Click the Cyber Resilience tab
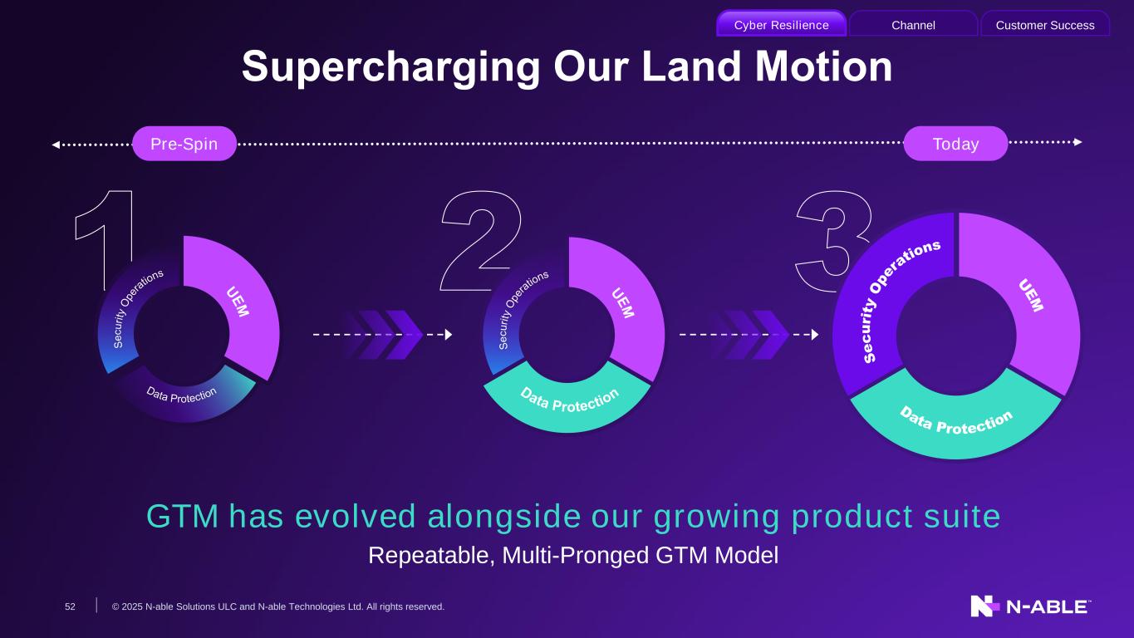pyautogui.click(x=781, y=24)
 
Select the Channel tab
pyautogui.click(x=913, y=24)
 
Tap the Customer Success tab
pyautogui.click(x=1045, y=24)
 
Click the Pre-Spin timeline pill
pyautogui.click(x=184, y=144)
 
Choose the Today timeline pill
pyautogui.click(x=955, y=144)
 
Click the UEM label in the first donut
pyautogui.click(x=238, y=302)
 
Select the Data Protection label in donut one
pyautogui.click(x=181, y=395)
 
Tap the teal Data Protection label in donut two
pyautogui.click(x=570, y=400)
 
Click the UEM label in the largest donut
pyautogui.click(x=1031, y=295)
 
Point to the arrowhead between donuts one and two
pyautogui.click(x=448, y=334)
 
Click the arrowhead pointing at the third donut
pyautogui.click(x=814, y=334)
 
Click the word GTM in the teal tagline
pyautogui.click(x=182, y=517)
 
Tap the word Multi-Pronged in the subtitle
pyautogui.click(x=576, y=555)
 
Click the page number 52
pyautogui.click(x=70, y=606)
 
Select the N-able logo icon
pyautogui.click(x=984, y=606)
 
